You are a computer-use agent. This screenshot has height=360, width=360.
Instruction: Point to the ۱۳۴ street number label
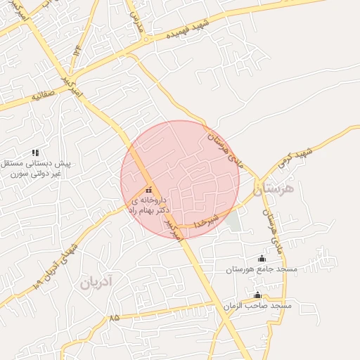[76, 53]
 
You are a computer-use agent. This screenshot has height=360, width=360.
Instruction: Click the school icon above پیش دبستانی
[35, 153]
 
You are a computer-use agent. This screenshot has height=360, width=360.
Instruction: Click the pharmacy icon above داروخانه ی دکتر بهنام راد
[148, 190]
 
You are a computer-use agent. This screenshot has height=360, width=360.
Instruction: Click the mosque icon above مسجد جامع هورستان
[262, 258]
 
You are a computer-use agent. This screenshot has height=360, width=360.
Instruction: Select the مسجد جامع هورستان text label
[262, 269]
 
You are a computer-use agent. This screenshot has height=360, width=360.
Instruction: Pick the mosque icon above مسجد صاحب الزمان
[257, 295]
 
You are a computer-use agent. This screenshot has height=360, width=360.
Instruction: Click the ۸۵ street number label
[115, 317]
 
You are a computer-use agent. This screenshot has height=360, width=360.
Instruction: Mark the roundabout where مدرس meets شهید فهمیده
[146, 39]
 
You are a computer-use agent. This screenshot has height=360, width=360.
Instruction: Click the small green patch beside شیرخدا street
[232, 221]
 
